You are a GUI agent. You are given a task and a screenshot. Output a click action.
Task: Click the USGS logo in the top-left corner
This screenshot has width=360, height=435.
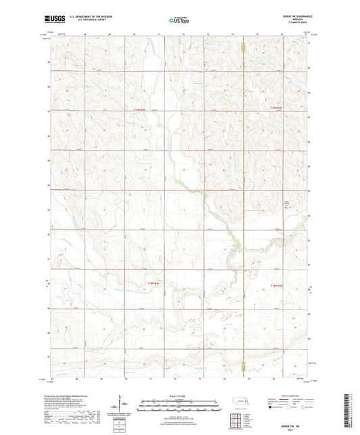click(x=55, y=20)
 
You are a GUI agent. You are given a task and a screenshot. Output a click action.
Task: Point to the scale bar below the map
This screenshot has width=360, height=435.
click(x=180, y=401)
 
